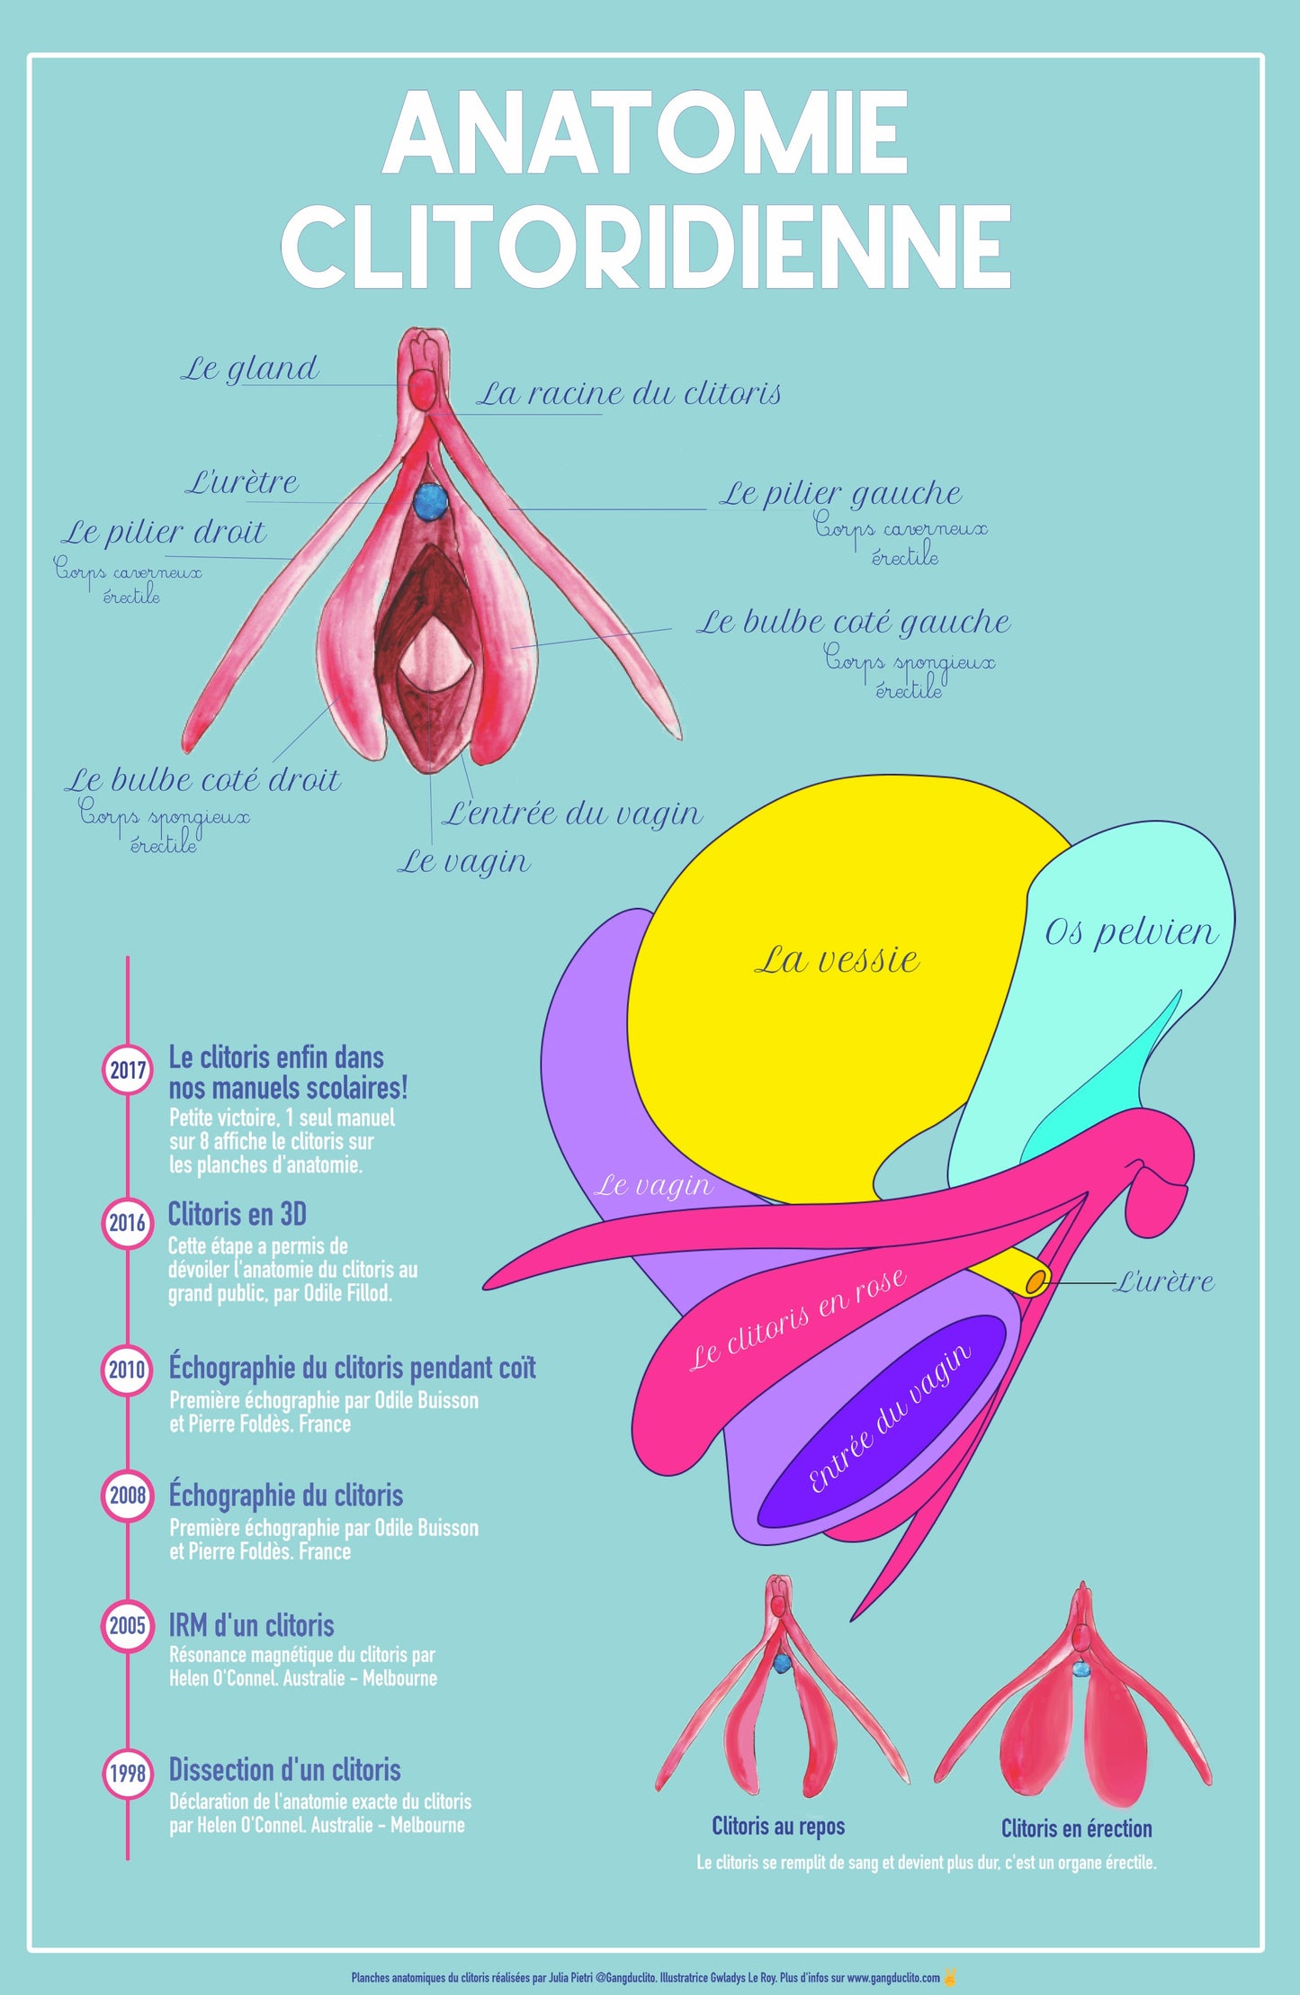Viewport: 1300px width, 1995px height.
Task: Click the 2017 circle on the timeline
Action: tap(128, 1071)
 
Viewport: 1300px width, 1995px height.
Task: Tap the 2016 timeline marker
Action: tap(128, 1223)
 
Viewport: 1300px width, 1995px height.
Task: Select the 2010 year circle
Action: tap(128, 1370)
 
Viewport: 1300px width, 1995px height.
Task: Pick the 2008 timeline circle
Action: tap(128, 1496)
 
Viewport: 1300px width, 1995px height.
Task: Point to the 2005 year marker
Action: tap(128, 1626)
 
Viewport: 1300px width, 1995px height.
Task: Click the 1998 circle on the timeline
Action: tap(128, 1773)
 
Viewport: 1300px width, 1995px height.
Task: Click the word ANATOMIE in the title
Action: tap(645, 135)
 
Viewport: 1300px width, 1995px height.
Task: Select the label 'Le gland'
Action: tap(250, 368)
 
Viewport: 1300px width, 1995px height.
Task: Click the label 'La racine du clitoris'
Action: tap(628, 393)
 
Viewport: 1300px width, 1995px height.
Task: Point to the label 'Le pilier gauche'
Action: tap(840, 493)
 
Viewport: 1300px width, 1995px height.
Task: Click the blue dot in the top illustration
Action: tap(431, 501)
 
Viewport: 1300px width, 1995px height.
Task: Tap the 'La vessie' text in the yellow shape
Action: tap(837, 959)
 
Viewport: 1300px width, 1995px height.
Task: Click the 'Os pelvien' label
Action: tap(1131, 932)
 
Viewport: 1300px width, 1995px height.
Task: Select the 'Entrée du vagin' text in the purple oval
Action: tap(889, 1419)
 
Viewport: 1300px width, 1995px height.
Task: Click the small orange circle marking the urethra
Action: tap(1036, 1281)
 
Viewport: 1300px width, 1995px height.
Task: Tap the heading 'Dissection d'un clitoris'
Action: tap(284, 1769)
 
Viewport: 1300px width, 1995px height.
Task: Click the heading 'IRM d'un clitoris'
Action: tap(251, 1625)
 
